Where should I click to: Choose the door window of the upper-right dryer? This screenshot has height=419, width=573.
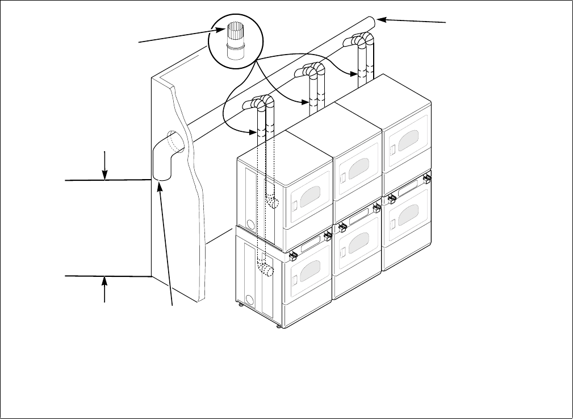pyautogui.click(x=409, y=141)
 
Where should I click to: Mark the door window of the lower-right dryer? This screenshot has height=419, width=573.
pyautogui.click(x=409, y=214)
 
